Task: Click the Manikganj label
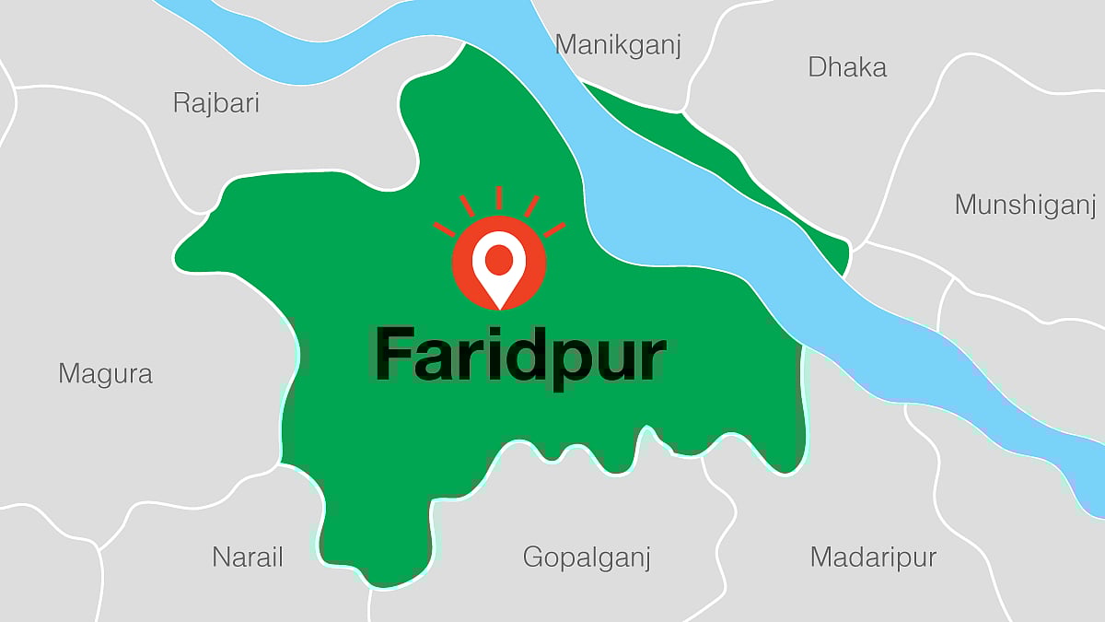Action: [619, 46]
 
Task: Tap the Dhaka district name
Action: [847, 67]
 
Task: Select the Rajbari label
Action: [216, 102]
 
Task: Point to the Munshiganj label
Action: [1025, 205]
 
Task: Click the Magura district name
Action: [105, 373]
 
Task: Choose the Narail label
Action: [248, 557]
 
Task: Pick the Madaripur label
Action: [873, 557]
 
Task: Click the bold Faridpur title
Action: [519, 356]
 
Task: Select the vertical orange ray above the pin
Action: [499, 198]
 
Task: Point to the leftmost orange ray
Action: [444, 229]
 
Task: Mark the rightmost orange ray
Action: [554, 229]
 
